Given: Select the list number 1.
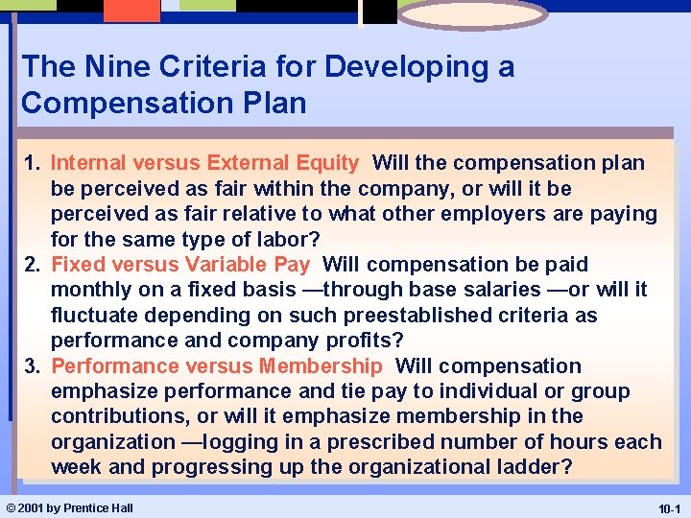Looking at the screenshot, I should pyautogui.click(x=31, y=164).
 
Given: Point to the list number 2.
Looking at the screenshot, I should pyautogui.click(x=31, y=265).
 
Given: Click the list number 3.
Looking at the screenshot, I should pyautogui.click(x=31, y=366).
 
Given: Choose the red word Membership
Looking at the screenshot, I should pyautogui.click(x=321, y=366).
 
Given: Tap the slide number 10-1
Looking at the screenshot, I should pyautogui.click(x=667, y=508).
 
